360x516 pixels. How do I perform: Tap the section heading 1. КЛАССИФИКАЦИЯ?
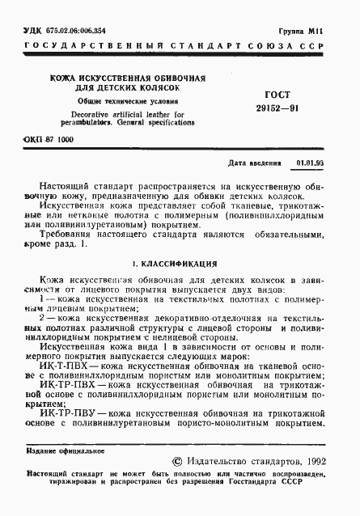tap(173, 264)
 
